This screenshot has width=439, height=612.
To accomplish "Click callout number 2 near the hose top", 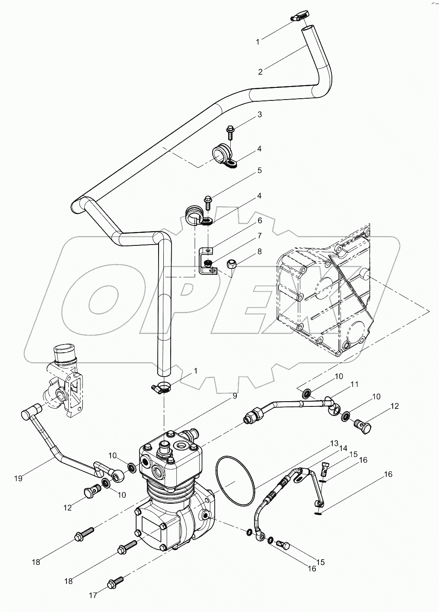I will coord(260,72).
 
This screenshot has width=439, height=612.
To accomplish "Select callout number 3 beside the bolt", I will coord(260,115).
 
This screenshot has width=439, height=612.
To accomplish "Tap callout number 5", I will coord(260,171).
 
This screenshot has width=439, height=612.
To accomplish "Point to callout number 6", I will coord(260,221).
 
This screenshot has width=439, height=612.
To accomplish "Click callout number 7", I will coord(260,236).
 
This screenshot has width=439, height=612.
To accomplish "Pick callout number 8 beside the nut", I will coord(260,251).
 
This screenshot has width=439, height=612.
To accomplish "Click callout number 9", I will coord(235,395).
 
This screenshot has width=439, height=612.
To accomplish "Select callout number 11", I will coord(354,384).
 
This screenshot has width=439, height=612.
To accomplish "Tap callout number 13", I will coord(334,443).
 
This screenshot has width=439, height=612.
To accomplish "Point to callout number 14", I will coord(344,448).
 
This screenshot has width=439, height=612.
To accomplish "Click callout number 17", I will coord(93,596).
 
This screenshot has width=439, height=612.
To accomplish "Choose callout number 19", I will coord(18,478).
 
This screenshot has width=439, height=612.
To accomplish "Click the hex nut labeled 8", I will coord(231,264).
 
